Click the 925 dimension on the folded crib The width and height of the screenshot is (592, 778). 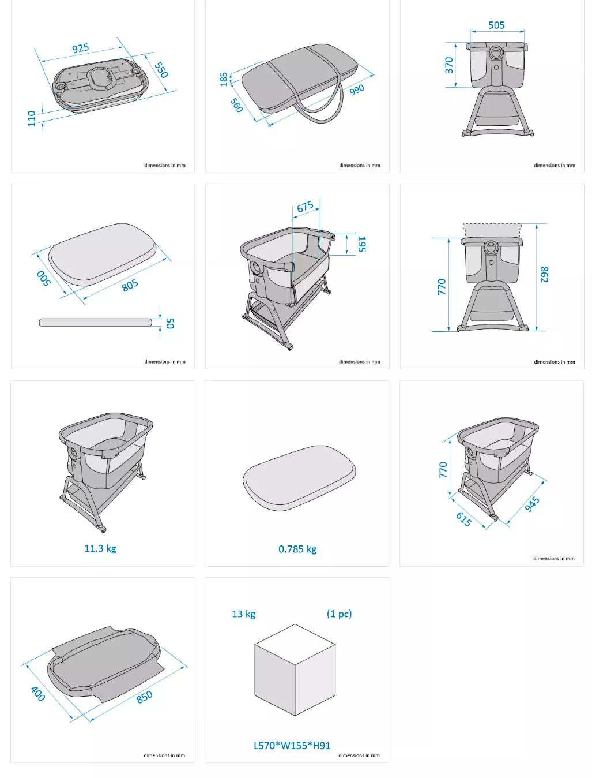click(80, 48)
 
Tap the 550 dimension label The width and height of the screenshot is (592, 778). click(161, 70)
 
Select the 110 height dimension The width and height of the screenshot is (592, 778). click(32, 118)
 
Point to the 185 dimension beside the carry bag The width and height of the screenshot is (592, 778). click(224, 80)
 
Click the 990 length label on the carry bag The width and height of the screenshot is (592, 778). click(357, 89)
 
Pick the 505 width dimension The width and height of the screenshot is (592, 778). click(496, 25)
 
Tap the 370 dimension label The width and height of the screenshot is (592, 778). click(448, 65)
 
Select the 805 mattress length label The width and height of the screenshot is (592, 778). click(130, 285)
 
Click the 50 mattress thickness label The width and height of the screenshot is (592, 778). click(170, 323)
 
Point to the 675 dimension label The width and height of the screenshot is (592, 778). click(305, 206)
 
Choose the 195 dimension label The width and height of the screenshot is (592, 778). click(361, 244)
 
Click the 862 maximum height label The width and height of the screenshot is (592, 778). click(544, 275)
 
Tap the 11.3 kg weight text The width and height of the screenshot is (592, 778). click(100, 548)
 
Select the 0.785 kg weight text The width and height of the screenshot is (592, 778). click(297, 549)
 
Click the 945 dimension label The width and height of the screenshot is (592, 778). click(532, 504)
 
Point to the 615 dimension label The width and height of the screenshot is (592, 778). click(463, 519)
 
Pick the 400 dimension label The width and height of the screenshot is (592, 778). click(38, 694)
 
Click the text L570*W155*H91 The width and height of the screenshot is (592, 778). click(292, 746)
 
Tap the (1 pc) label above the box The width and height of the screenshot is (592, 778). click(339, 614)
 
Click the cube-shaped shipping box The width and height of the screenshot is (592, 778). click(295, 669)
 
